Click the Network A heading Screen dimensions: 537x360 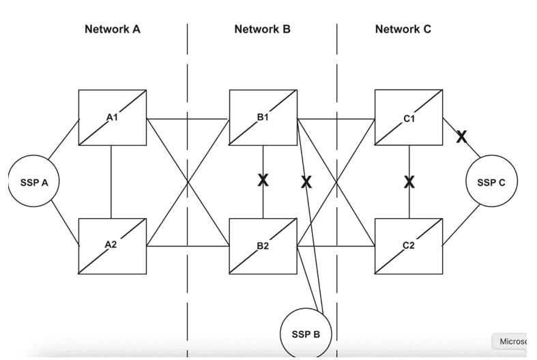(113, 29)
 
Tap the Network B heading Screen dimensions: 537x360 (262, 29)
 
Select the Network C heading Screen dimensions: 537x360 (403, 29)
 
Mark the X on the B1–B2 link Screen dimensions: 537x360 (263, 180)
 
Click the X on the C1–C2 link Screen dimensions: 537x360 (409, 182)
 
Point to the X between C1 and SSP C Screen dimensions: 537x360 (461, 137)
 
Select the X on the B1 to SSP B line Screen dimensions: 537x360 (306, 182)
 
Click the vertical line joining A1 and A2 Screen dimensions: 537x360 (111, 182)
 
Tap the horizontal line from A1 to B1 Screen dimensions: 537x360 (188, 119)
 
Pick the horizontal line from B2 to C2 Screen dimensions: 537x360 (336, 245)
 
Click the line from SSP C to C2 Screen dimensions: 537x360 (461, 225)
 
